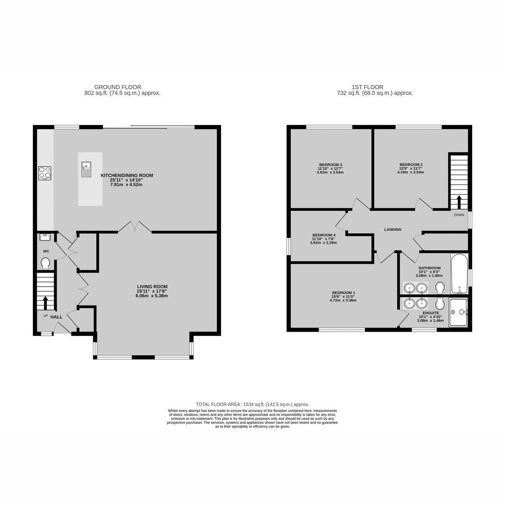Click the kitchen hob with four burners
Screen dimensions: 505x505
coord(45,173)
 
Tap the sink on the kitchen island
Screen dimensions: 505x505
coord(86,169)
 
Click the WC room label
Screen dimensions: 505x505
coord(46,251)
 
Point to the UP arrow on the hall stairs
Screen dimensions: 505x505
coord(45,302)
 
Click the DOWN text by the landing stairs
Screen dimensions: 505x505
coord(459,215)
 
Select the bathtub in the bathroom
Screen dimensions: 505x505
coord(459,274)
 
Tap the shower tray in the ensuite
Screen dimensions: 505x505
coord(459,312)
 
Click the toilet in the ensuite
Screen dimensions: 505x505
coord(440,303)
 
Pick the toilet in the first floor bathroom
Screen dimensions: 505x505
coord(440,287)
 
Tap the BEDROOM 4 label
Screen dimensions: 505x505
coord(324,235)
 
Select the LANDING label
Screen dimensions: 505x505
coord(393,229)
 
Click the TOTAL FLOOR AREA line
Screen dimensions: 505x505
coord(252,404)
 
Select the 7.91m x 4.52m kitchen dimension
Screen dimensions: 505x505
coord(126,184)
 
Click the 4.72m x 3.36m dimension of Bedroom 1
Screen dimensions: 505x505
coord(343,300)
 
